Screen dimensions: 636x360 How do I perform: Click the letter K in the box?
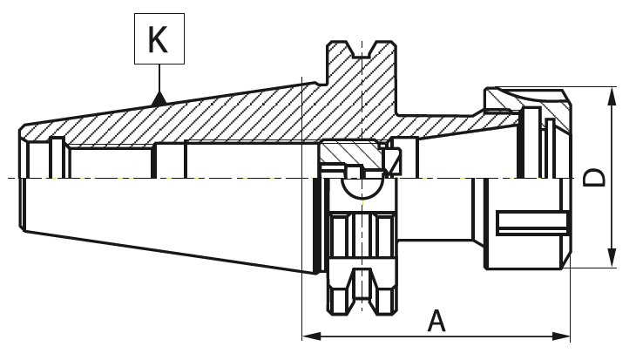pyautogui.click(x=159, y=39)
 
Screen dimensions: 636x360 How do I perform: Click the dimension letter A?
pyautogui.click(x=436, y=321)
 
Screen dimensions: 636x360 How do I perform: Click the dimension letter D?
pyautogui.click(x=594, y=178)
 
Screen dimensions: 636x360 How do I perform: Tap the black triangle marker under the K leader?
pyautogui.click(x=159, y=98)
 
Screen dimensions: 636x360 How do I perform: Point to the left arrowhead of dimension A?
pyautogui.click(x=312, y=336)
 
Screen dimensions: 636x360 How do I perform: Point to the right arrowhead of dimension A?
pyautogui.click(x=561, y=336)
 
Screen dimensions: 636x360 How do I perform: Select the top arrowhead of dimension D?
pyautogui.click(x=612, y=96)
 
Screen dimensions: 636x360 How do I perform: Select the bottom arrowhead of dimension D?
pyautogui.click(x=612, y=258)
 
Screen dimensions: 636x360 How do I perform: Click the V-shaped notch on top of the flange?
pyautogui.click(x=362, y=50)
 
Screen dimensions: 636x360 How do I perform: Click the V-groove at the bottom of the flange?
pyautogui.click(x=362, y=291)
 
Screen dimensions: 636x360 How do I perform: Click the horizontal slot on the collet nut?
pyautogui.click(x=531, y=222)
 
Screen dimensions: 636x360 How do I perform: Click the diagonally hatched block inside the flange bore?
pyautogui.click(x=349, y=153)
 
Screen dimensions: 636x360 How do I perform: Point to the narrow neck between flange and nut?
pyautogui.click(x=436, y=209)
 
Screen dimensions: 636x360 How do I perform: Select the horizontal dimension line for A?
pyautogui.click(x=436, y=336)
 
